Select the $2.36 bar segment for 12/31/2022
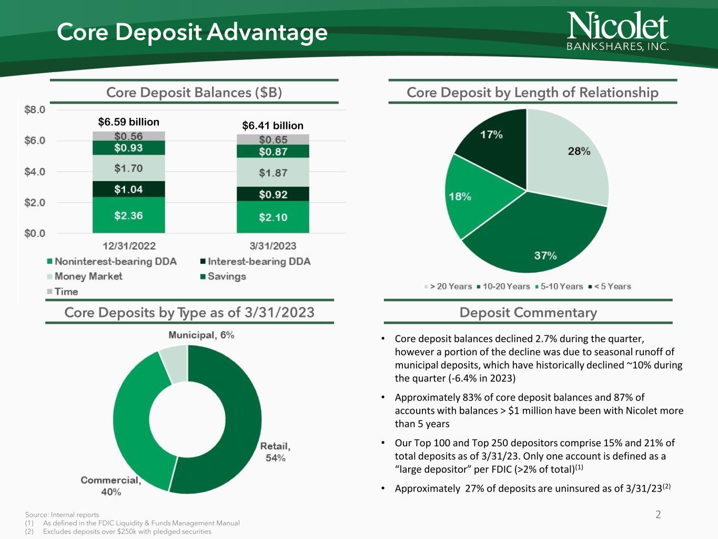point(129,215)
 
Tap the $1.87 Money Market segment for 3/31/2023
point(273,173)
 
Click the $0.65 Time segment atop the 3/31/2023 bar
point(273,139)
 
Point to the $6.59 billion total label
point(129,122)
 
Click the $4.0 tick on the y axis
point(35,172)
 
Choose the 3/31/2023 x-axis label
point(272,246)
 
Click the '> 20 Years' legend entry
point(448,286)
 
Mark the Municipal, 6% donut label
point(201,335)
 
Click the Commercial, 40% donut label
point(111,486)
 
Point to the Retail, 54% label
point(275,452)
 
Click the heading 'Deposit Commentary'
point(528,313)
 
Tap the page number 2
point(658,514)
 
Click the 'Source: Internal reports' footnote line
point(62,515)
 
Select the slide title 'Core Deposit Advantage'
point(192,32)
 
